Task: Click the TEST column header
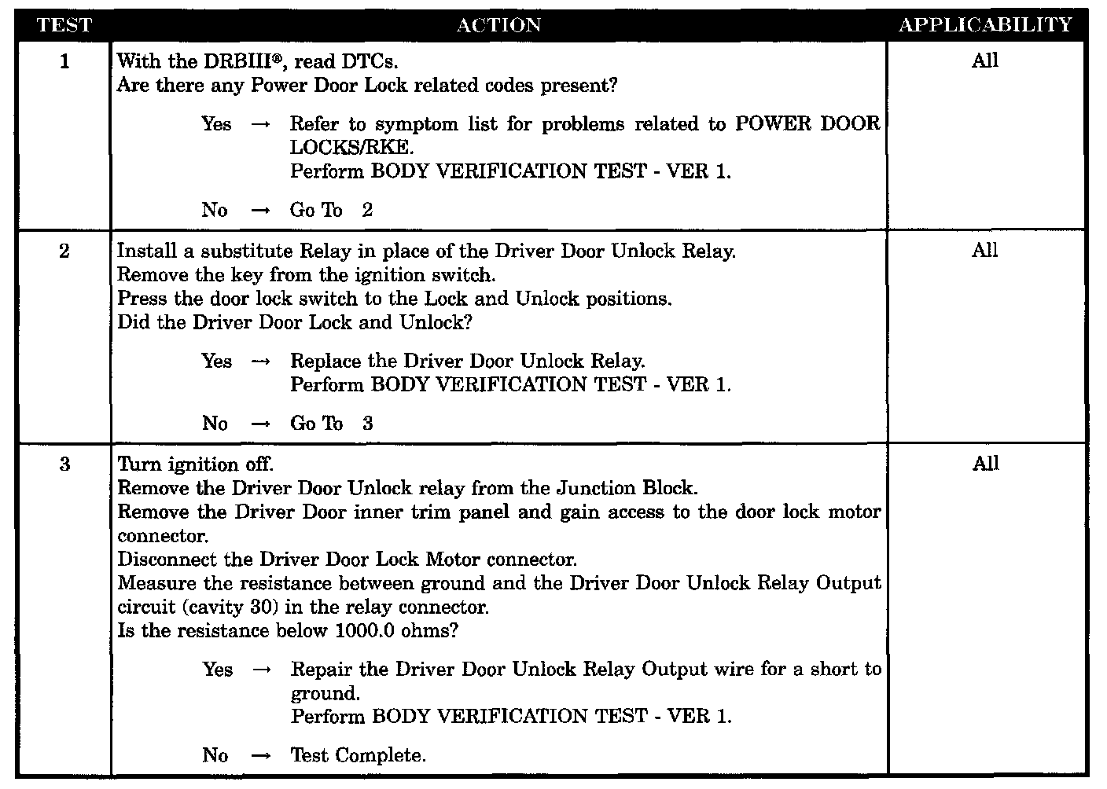[x=64, y=25]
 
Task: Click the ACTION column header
[x=499, y=25]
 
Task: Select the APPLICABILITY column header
[x=985, y=25]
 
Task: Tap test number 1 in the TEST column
[x=64, y=61]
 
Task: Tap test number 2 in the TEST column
[x=64, y=251]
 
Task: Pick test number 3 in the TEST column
[x=64, y=464]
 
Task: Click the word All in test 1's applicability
[x=985, y=61]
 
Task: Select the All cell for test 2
[x=985, y=251]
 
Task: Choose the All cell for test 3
[x=985, y=464]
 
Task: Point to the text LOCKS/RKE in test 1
[x=350, y=148]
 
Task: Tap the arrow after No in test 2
[x=261, y=424]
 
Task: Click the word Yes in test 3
[x=218, y=670]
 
